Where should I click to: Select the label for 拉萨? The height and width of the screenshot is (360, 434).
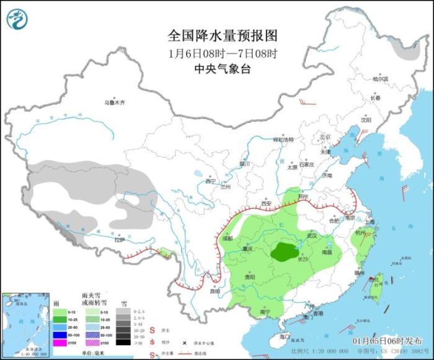click(120, 239)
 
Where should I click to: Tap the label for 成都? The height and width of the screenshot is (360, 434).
click(227, 238)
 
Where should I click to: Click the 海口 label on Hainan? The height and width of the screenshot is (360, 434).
click(285, 336)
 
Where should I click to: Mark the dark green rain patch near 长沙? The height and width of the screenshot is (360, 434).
click(286, 251)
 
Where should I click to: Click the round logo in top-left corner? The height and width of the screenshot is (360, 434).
click(18, 19)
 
